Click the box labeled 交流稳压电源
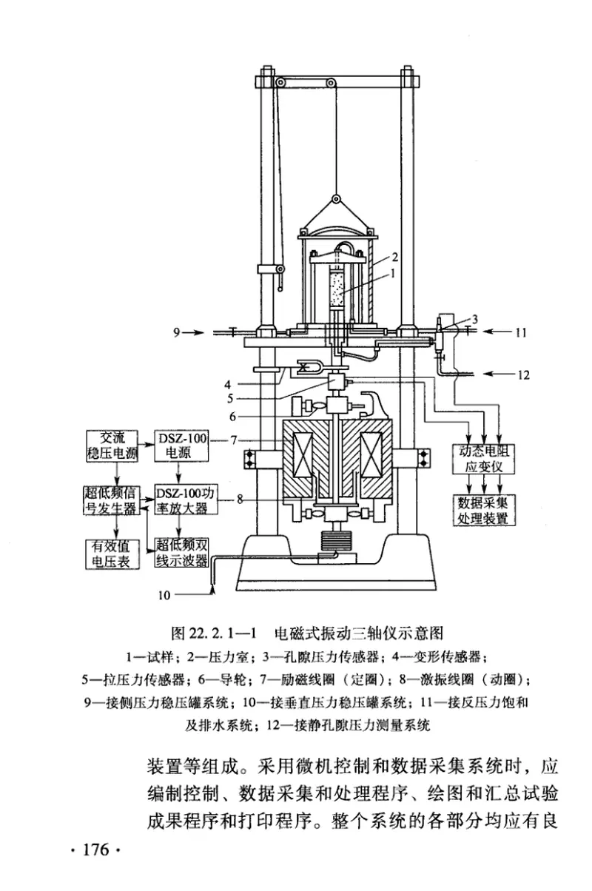(x=112, y=446)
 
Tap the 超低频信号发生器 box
(x=112, y=500)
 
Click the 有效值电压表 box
(x=112, y=553)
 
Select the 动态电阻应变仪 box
(x=482, y=457)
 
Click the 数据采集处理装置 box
(x=482, y=509)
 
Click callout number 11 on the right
(x=520, y=333)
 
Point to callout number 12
(x=523, y=375)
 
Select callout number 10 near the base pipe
(x=164, y=592)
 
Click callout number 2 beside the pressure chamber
(x=395, y=257)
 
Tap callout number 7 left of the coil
(x=233, y=440)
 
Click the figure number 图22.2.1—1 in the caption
(x=213, y=634)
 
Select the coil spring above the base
(x=335, y=542)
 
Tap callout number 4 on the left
(x=229, y=384)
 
